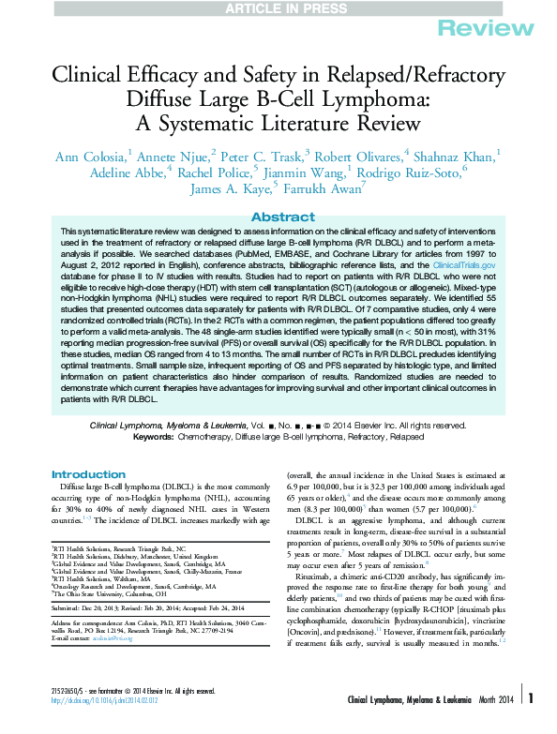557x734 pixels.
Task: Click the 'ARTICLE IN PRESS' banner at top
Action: coord(278,7)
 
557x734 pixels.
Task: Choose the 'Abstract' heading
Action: coord(278,217)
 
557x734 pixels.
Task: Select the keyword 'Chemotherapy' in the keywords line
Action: coord(207,437)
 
